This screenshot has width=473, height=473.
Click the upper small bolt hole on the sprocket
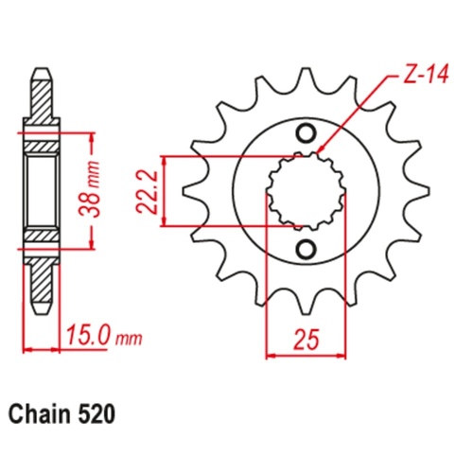307,131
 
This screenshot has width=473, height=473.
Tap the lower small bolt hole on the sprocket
307,249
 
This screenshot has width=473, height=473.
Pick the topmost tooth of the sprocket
305,80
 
